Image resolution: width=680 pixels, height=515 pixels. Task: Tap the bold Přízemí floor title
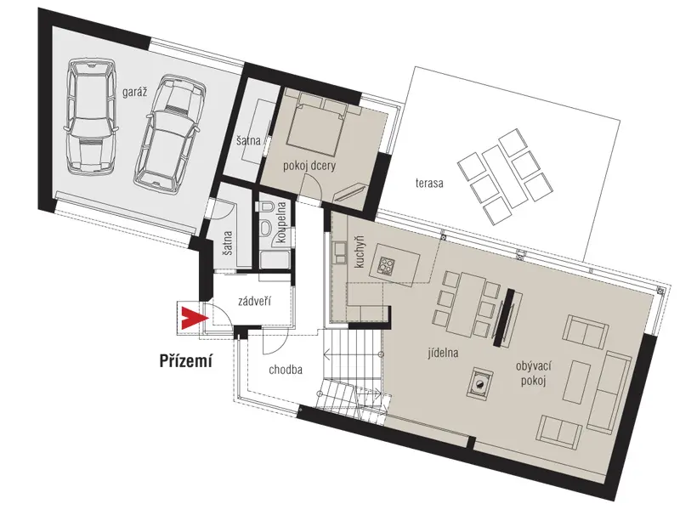[186, 360]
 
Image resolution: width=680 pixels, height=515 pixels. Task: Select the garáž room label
[135, 92]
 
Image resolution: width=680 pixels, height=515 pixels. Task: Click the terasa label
[429, 183]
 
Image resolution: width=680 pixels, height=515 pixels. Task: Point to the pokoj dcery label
[309, 166]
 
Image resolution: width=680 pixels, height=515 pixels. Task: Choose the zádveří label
[255, 301]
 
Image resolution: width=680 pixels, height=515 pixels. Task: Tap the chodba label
[286, 370]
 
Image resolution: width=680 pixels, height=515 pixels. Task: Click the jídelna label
[442, 353]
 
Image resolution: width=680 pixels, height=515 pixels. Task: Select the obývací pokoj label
[534, 374]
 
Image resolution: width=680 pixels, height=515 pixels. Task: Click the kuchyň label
[360, 252]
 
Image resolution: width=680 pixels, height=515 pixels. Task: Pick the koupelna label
[282, 223]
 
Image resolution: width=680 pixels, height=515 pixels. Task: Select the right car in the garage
[169, 135]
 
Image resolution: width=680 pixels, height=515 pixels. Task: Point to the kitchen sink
[339, 252]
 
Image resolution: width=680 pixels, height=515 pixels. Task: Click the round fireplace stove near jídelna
[479, 382]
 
